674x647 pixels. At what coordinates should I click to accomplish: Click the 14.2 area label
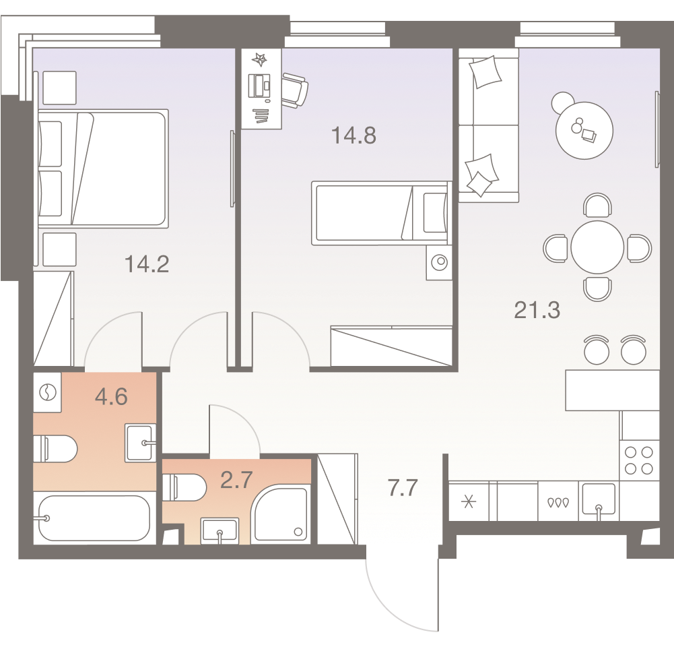point(147,264)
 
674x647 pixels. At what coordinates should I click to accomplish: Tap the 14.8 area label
point(353,135)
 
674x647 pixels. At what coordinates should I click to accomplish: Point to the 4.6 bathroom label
point(111,396)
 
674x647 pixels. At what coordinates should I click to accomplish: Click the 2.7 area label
point(237,480)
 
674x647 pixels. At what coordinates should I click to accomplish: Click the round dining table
point(597,247)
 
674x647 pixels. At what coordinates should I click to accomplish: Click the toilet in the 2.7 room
point(185,487)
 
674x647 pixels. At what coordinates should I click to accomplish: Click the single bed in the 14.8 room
point(380,213)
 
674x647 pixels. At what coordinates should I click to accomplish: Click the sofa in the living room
point(488,128)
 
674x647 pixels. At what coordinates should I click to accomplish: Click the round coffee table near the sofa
point(583,129)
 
